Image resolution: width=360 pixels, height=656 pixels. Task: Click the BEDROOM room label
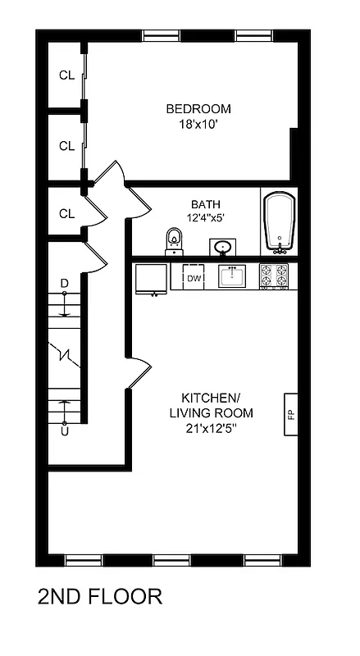[198, 109]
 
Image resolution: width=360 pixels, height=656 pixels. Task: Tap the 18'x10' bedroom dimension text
[198, 125]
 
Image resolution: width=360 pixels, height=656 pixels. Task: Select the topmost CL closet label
[66, 75]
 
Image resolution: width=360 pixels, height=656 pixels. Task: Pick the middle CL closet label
[66, 146]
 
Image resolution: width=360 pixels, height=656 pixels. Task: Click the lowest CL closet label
[66, 214]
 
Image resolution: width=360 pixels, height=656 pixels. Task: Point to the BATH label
[205, 204]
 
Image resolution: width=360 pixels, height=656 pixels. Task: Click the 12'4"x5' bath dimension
[205, 218]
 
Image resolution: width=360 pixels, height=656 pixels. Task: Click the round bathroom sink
[221, 246]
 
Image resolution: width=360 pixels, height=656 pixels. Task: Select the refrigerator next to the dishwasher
[152, 279]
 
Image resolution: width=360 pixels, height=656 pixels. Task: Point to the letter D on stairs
[65, 284]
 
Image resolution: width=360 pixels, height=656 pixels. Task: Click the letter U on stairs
[65, 430]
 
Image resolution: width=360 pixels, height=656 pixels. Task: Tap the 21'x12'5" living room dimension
[210, 428]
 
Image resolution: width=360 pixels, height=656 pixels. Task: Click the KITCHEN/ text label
[210, 396]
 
